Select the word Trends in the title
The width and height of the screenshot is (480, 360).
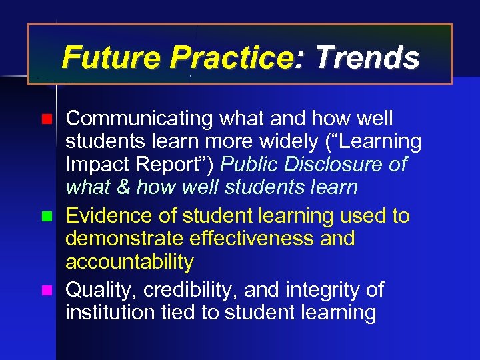click(367, 58)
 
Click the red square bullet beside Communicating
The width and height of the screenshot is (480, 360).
click(45, 120)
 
